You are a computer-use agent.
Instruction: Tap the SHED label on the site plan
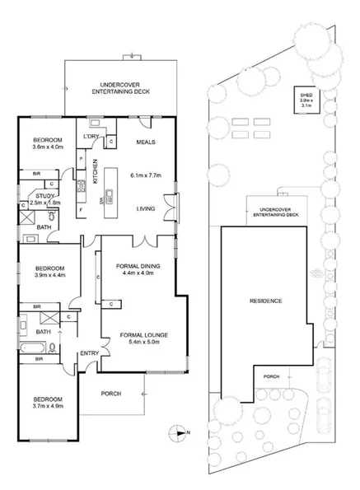[306, 96]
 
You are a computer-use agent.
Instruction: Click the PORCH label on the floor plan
[110, 394]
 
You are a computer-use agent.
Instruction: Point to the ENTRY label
[89, 354]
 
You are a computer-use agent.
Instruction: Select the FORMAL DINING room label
[138, 266]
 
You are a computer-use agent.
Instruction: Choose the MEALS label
[146, 142]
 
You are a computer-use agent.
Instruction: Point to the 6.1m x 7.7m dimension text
[147, 175]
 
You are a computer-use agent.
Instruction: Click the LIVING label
[147, 209]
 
